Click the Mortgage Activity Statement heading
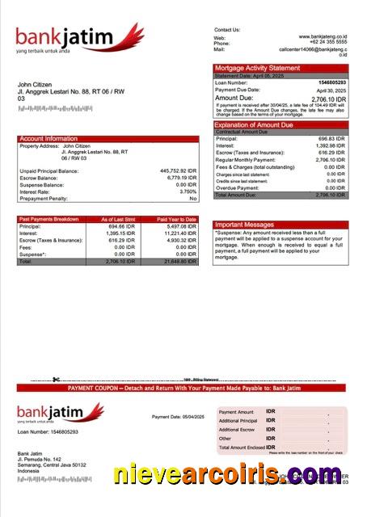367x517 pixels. pos(256,68)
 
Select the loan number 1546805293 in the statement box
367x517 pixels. pos(331,82)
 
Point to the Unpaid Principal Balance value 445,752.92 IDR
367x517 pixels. pos(179,171)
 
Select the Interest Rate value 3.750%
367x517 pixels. pos(187,191)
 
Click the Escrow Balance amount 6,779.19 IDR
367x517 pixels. pos(181,178)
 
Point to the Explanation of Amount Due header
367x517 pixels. pos(254,125)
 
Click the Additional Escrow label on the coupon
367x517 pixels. pos(238,429)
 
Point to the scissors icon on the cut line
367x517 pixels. pos(56,380)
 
